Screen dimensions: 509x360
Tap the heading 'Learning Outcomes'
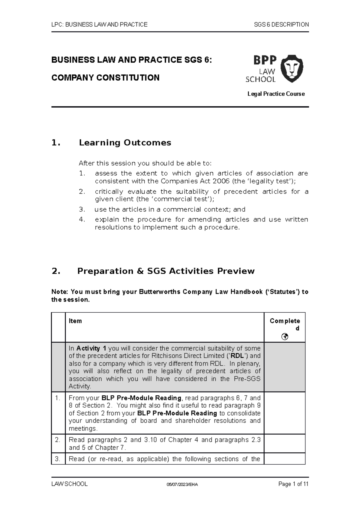(125, 143)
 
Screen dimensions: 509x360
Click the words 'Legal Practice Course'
(276, 94)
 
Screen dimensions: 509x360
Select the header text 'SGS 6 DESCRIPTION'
(281, 25)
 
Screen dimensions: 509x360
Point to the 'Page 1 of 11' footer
(293, 484)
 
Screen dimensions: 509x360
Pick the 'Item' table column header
(75, 321)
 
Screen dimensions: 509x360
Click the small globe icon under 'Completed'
(285, 337)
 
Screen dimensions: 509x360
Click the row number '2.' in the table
(58, 440)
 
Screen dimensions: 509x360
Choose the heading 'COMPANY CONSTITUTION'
(105, 78)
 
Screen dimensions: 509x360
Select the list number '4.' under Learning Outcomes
(82, 219)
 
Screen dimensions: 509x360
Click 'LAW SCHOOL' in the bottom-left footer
(70, 484)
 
